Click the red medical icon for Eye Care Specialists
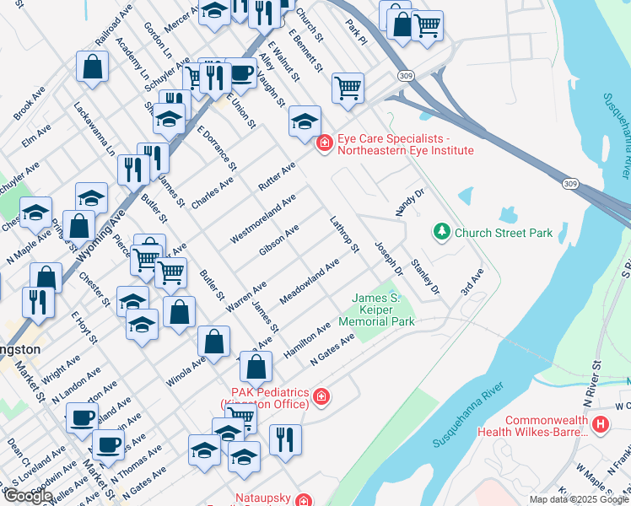[x=323, y=145]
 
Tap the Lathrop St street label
[x=345, y=234]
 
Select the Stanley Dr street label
[x=425, y=277]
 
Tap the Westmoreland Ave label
[x=264, y=218]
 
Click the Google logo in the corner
[x=28, y=495]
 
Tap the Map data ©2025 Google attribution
[x=579, y=499]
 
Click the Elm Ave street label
[x=37, y=137]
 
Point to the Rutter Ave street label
[x=277, y=176]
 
